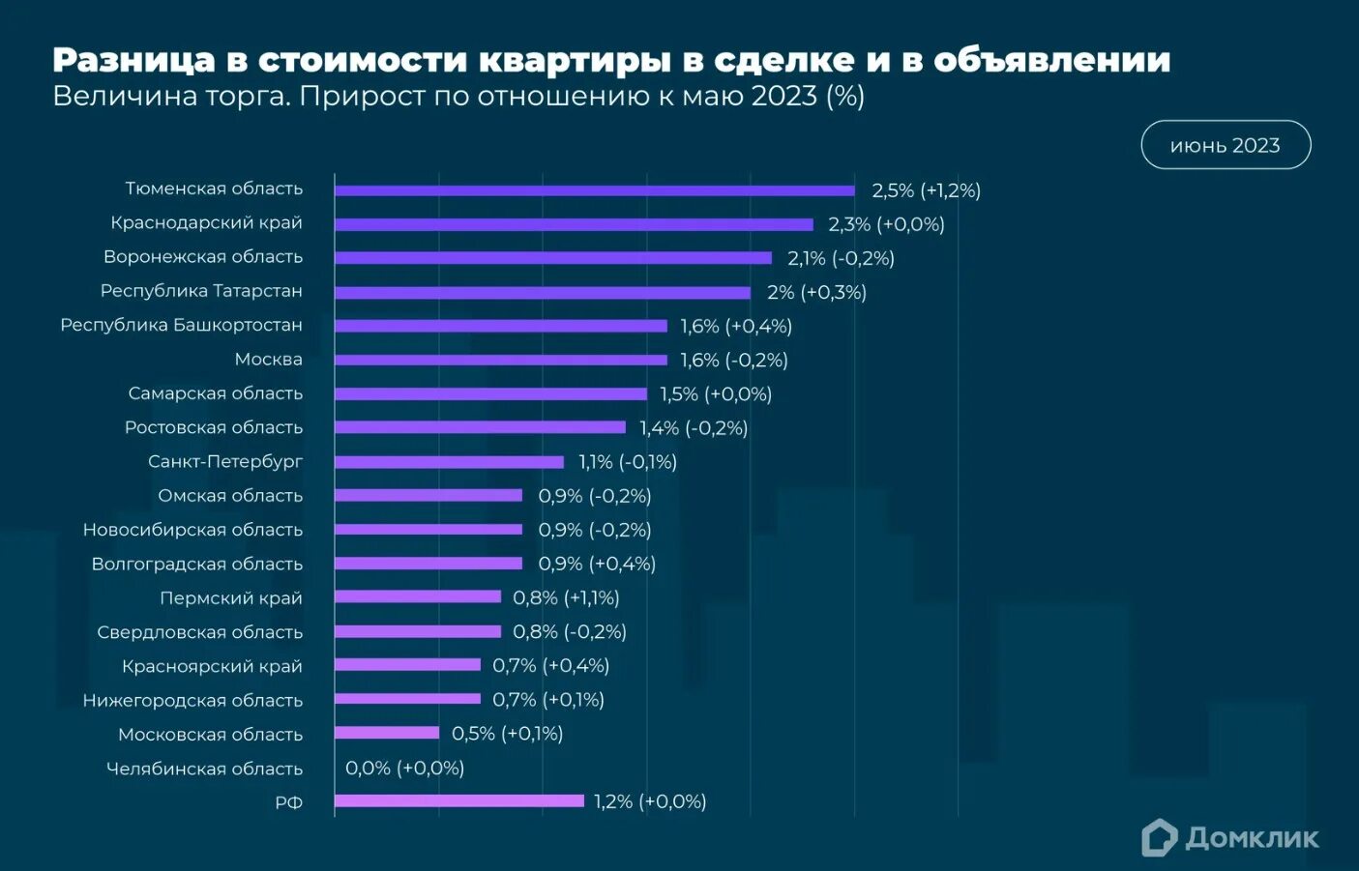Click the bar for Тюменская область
tap(594, 190)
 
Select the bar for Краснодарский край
tap(574, 224)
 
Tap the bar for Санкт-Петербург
tap(449, 462)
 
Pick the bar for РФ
tap(458, 800)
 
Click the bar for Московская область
tap(387, 733)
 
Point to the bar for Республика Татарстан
tap(542, 292)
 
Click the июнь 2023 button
tap(1225, 145)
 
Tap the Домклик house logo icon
tap(1159, 838)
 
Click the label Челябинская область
tap(204, 769)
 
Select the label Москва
tap(268, 360)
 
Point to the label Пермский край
tap(230, 598)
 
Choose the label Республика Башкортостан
tap(181, 325)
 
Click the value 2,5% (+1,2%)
tap(926, 190)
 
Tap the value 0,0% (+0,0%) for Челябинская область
tap(404, 768)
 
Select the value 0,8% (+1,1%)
tap(566, 597)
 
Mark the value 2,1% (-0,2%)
tap(840, 258)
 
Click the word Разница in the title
tap(133, 60)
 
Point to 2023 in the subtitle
tap(783, 96)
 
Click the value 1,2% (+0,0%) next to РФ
tap(649, 801)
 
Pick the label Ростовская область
tap(213, 427)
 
